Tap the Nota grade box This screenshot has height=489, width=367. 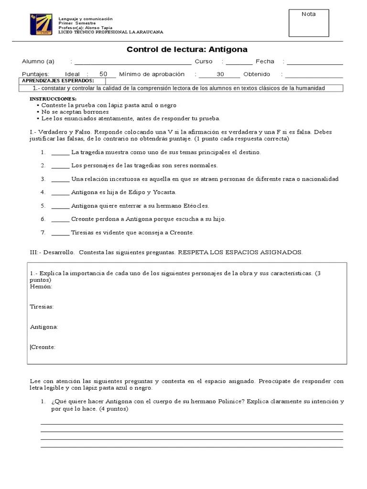coord(309,23)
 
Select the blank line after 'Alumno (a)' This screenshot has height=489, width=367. coord(133,62)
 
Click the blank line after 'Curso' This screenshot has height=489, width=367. coord(239,62)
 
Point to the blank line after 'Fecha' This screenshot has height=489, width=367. coord(314,62)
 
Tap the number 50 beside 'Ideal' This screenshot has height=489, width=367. coord(103,74)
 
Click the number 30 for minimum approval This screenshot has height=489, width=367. coord(220,74)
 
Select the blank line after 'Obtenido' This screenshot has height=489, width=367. coord(314,75)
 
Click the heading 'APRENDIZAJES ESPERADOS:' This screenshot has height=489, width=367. coord(58,81)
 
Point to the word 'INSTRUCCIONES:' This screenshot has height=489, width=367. coord(53,98)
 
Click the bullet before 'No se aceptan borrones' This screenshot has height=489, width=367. coord(38,112)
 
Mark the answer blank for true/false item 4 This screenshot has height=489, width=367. coord(60,193)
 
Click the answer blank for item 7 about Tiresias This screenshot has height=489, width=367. coord(60,233)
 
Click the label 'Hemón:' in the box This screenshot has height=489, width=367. coord(41,287)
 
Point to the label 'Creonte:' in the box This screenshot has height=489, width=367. coord(43,347)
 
